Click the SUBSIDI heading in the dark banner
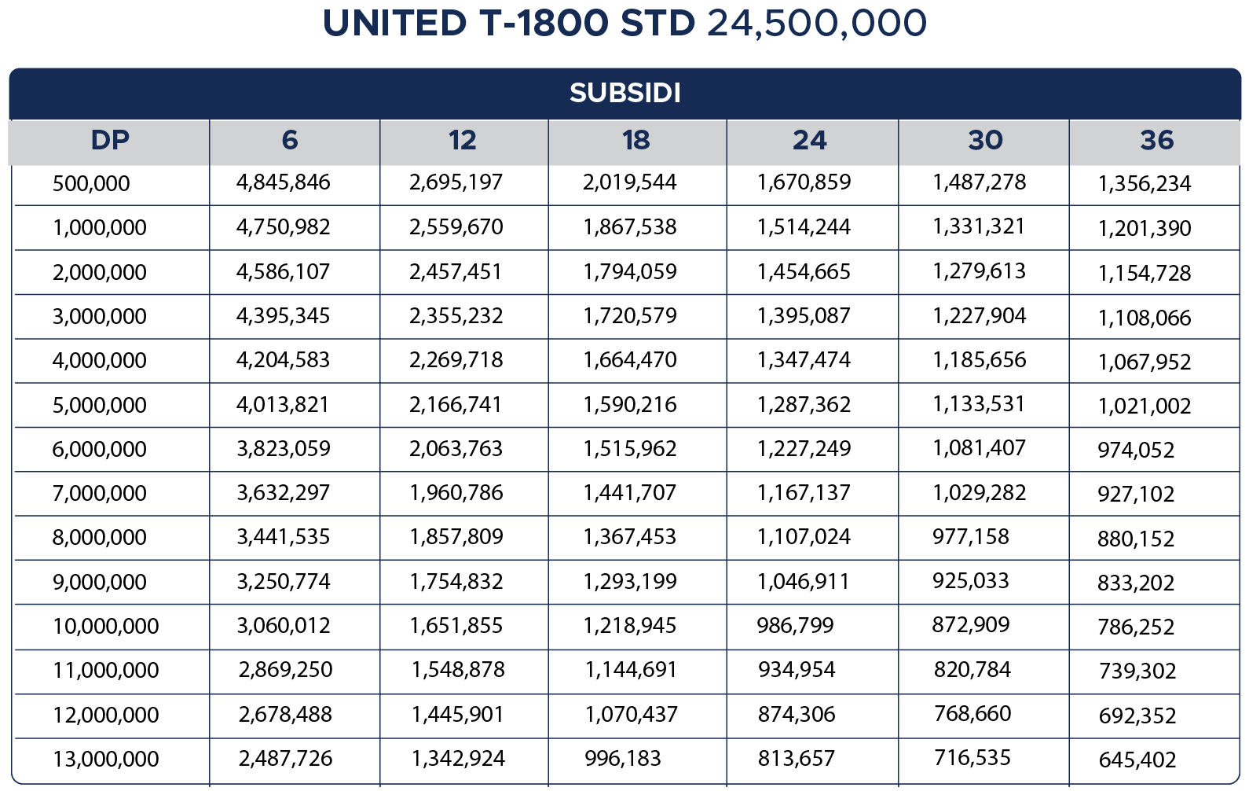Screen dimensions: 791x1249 [x=624, y=93]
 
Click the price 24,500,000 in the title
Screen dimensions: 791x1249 [x=816, y=24]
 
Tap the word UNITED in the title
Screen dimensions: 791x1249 [x=394, y=24]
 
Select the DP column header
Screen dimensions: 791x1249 [x=110, y=140]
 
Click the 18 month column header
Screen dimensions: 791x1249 [x=635, y=141]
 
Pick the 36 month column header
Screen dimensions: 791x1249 [x=1156, y=141]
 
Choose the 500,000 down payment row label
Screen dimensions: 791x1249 [x=91, y=184]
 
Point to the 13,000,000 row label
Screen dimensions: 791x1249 [x=105, y=760]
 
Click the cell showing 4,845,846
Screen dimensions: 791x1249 [x=283, y=182]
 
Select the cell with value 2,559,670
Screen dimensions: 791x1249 [x=456, y=227]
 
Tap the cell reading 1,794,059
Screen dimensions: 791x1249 [x=629, y=272]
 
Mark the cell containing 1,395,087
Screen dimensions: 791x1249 [x=804, y=316]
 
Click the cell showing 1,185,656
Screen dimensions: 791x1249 [x=979, y=360]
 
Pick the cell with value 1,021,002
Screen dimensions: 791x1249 [x=1144, y=407]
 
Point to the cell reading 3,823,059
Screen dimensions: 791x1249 [x=283, y=449]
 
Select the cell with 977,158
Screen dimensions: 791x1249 [x=970, y=537]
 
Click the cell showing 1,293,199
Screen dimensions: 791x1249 [x=629, y=582]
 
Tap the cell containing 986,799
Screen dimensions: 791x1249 [x=795, y=626]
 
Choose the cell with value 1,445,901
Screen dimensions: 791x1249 [x=457, y=715]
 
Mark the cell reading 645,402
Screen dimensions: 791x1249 [x=1137, y=760]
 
